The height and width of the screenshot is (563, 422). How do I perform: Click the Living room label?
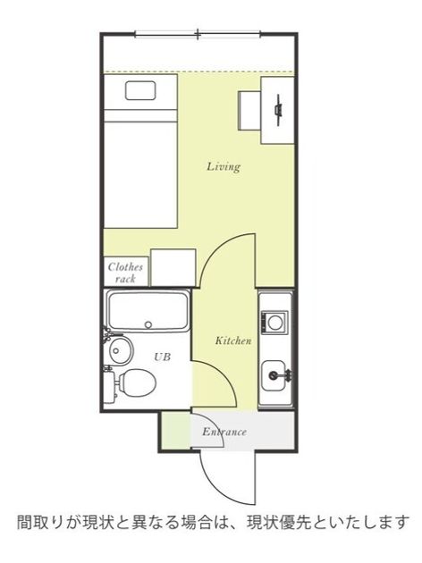pos(224,167)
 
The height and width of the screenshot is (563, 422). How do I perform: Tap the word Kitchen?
pos(233,340)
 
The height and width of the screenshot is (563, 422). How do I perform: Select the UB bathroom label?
pos(163,357)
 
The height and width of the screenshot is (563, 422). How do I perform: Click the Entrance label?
pos(224,432)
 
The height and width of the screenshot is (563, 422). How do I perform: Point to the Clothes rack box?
pos(126,272)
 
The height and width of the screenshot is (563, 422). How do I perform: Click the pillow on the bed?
pos(140,90)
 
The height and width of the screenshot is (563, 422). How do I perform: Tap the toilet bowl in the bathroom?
pos(137,382)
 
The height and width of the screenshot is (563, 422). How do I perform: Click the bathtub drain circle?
pos(148,325)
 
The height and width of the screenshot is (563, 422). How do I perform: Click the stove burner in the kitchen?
pos(274,323)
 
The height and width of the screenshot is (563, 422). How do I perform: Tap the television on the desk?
pos(278,110)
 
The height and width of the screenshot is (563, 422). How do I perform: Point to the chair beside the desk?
pos(249,110)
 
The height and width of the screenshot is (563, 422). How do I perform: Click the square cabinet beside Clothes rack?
pos(173,267)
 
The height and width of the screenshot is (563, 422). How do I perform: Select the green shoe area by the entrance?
pos(175,431)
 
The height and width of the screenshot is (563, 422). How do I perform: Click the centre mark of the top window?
pos(198,34)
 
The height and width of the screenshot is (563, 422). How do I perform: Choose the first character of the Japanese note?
pos(24,523)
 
